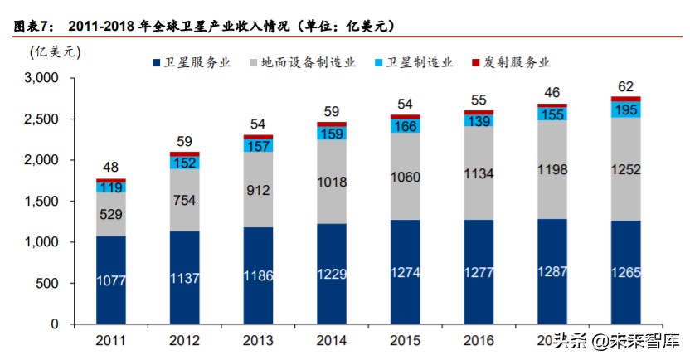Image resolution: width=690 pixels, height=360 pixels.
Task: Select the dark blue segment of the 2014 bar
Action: point(331,274)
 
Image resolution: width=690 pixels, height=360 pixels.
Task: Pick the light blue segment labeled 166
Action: point(405,127)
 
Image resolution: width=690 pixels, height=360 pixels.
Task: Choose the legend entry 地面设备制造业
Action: point(302,62)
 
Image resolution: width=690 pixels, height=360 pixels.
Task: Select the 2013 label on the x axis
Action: point(258,340)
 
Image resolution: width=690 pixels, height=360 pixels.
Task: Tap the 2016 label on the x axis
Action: point(479,340)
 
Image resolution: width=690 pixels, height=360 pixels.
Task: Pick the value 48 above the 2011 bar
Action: point(110,166)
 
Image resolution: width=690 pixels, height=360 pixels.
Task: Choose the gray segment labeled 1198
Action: point(552,170)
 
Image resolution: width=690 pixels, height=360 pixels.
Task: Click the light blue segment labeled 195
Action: point(626,110)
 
